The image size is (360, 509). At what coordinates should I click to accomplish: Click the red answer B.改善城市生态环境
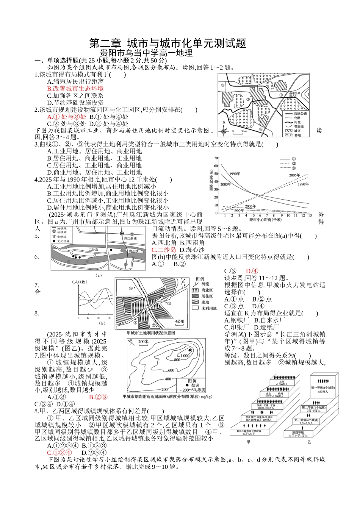(x=75, y=89)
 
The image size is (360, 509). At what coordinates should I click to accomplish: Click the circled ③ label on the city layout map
(x=222, y=85)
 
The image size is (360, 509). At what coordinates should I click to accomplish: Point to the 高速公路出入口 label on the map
(x=294, y=94)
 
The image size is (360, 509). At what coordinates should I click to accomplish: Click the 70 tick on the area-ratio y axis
(x=216, y=158)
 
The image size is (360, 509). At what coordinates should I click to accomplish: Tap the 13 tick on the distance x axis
(x=310, y=215)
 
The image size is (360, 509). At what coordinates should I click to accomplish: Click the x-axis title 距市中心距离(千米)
(x=265, y=220)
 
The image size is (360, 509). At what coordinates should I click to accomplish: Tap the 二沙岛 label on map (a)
(x=93, y=250)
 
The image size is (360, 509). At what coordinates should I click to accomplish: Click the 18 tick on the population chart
(x=109, y=318)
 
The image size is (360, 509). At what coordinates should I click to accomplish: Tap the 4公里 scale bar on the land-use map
(x=180, y=323)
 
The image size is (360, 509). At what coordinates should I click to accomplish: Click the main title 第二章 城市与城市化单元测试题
(x=167, y=43)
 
